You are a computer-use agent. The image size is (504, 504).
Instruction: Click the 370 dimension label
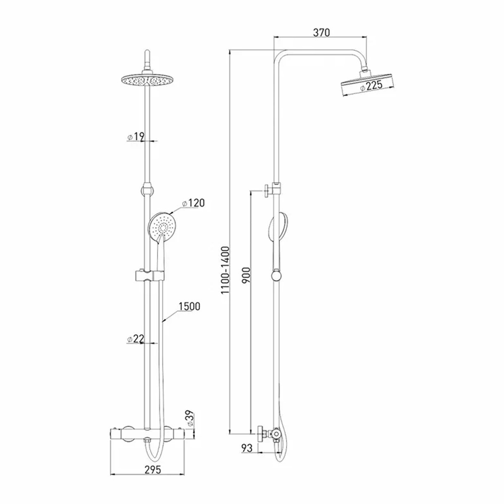[x=321, y=32]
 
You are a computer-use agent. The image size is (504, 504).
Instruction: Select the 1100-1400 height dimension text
[x=225, y=270]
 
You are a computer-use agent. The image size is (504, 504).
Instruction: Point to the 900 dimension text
[x=246, y=275]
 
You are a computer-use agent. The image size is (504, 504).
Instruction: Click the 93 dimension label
[x=247, y=448]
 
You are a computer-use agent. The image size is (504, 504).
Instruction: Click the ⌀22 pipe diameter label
[x=136, y=339]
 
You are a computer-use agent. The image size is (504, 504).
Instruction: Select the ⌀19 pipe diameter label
[x=136, y=136]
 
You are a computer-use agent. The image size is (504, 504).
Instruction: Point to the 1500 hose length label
[x=189, y=306]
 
